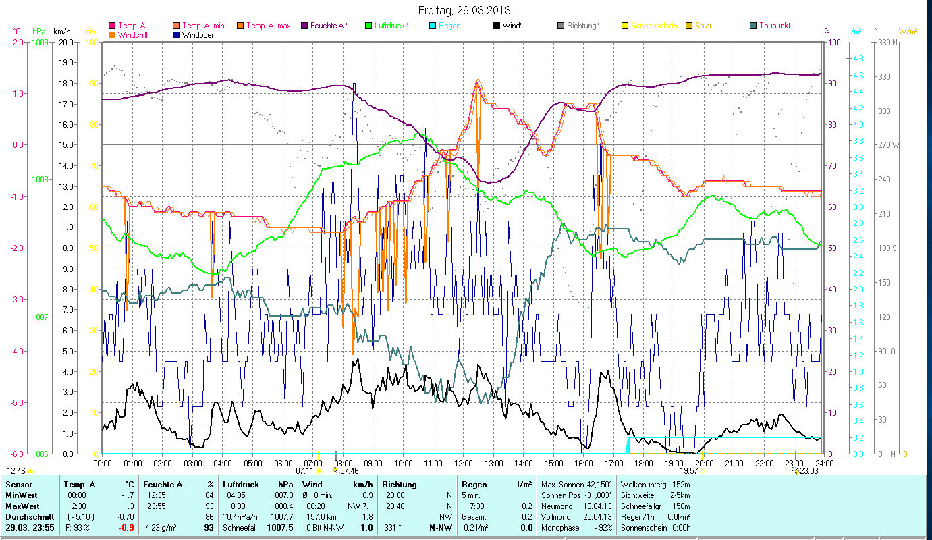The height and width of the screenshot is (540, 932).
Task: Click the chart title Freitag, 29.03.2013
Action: click(464, 10)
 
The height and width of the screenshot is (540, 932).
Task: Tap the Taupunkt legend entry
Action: click(774, 26)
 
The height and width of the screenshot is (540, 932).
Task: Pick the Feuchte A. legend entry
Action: click(329, 26)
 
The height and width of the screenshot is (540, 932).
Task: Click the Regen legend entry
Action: click(449, 26)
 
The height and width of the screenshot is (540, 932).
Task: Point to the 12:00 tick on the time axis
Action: click(464, 464)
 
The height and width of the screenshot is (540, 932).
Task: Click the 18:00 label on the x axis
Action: click(644, 464)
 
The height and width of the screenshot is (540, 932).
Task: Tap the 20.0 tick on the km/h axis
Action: click(66, 42)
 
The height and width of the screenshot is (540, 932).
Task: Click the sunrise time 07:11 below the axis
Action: click(304, 470)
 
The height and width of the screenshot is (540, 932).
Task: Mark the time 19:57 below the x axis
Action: click(688, 470)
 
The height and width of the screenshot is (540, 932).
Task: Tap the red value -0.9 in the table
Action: click(126, 528)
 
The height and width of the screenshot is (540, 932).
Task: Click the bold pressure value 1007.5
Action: click(280, 528)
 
